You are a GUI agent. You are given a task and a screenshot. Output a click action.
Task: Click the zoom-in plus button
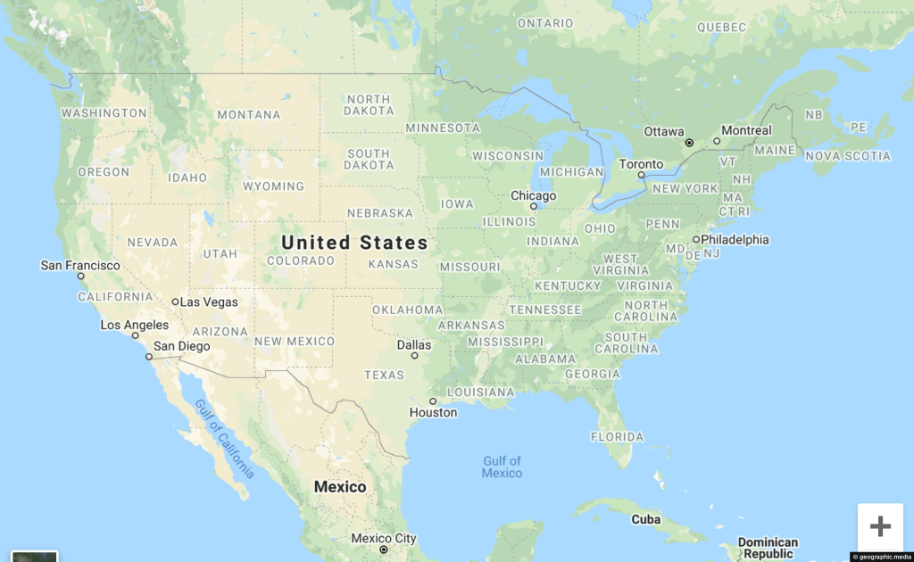pos(880,526)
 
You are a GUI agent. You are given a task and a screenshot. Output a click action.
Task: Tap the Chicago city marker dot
pos(534,206)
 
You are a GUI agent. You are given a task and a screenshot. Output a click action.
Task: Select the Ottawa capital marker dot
pos(689,143)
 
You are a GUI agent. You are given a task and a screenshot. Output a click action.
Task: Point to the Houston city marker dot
pos(433,401)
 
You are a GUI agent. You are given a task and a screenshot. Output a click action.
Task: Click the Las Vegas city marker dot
pos(176,302)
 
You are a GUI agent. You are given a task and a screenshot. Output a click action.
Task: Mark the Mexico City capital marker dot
pos(383,550)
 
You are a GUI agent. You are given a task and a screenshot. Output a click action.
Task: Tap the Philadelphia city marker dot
pos(696,239)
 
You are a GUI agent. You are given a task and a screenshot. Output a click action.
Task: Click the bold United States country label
pos(354,243)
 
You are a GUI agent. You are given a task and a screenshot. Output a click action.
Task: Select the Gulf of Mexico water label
pos(502,467)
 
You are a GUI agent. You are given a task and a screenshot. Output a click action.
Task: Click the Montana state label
pos(248,115)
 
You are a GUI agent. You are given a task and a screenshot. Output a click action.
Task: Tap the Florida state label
pos(617,437)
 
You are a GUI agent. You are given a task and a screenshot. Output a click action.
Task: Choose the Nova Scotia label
pos(847,156)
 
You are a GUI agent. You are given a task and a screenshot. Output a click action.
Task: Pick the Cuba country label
pos(646,519)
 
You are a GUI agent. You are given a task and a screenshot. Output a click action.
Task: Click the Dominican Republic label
pos(768,548)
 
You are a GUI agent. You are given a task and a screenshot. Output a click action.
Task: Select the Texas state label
pos(384,375)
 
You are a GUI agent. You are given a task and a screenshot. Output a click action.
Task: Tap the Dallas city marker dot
pos(415,355)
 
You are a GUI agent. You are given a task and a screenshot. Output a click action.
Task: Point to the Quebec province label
pos(721,28)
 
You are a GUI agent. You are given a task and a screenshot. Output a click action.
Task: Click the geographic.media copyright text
pos(881,557)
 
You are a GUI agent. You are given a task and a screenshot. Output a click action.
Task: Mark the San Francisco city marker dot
pos(81,277)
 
